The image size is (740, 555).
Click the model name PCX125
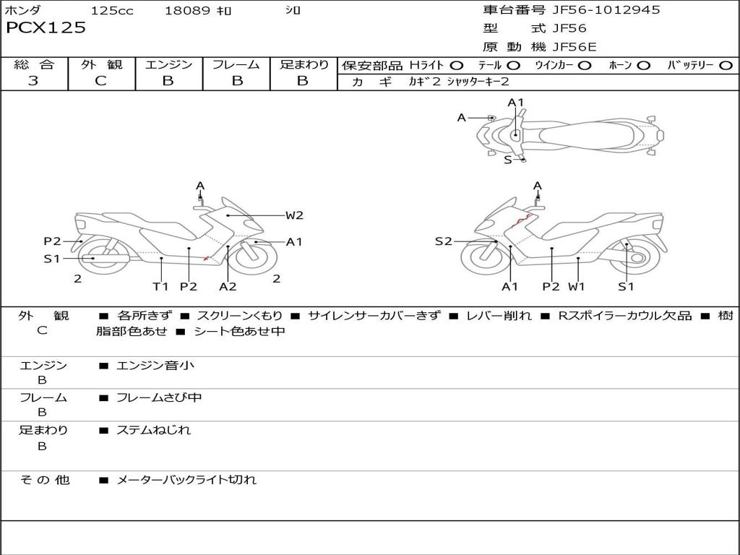tap(46, 28)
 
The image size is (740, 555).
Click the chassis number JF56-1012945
tap(606, 10)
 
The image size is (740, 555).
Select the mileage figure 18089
tap(187, 11)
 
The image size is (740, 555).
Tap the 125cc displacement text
tap(112, 11)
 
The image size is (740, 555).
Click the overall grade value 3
tap(33, 81)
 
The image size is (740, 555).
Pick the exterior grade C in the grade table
tap(101, 81)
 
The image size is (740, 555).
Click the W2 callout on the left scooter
tap(293, 215)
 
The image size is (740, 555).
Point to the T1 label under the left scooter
tap(160, 287)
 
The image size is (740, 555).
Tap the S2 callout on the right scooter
tap(443, 241)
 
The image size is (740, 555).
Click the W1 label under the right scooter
tap(576, 287)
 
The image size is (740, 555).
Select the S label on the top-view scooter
tap(507, 160)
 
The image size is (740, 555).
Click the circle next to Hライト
tap(457, 66)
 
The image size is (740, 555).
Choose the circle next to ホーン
tap(643, 66)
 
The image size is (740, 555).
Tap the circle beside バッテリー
tap(726, 66)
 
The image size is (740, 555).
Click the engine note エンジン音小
tap(155, 366)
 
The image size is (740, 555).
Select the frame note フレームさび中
tap(159, 397)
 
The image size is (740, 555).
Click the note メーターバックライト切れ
tap(186, 479)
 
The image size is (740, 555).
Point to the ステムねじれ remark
tap(154, 430)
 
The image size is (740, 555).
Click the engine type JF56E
tap(574, 47)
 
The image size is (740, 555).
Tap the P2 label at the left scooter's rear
tap(52, 241)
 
